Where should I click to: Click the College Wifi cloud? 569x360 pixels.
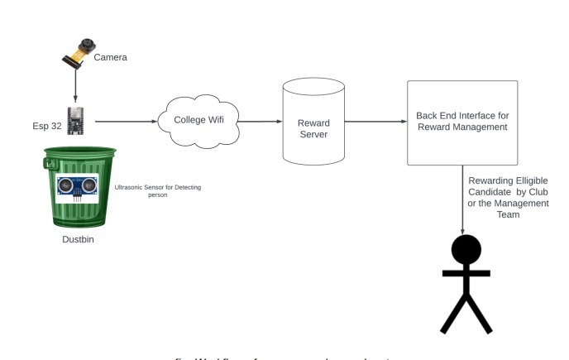[x=199, y=120]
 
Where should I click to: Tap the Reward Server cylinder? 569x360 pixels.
[x=313, y=122]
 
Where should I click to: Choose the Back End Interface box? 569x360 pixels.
[x=462, y=122]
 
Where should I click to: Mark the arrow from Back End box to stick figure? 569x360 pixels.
[x=463, y=199]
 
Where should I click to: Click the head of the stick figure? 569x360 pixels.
[x=464, y=249]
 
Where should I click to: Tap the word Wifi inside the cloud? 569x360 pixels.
[x=217, y=120]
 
